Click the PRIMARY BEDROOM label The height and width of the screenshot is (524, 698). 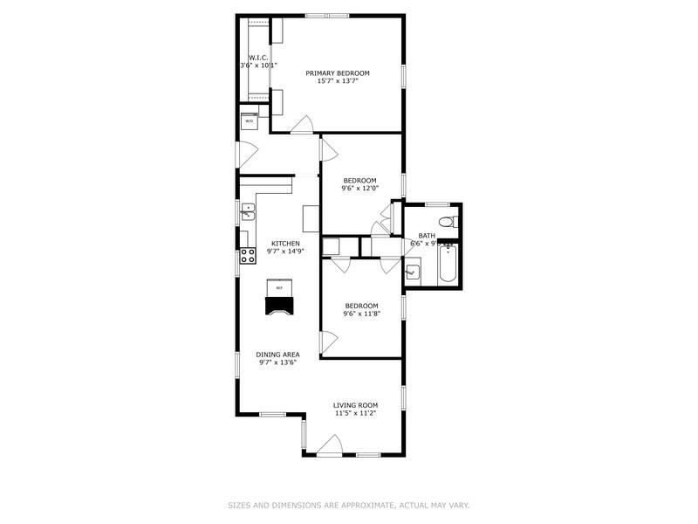coord(337,73)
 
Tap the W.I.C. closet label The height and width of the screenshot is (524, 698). coord(257,58)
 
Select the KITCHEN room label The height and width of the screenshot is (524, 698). coord(285,244)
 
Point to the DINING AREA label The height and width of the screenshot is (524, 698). coord(277,355)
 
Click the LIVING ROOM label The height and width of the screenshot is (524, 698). coord(355,405)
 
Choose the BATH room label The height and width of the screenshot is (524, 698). coord(427,235)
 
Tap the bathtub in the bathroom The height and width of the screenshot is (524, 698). coord(447,265)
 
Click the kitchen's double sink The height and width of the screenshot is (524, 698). coord(247,210)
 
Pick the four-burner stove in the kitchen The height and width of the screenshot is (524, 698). coord(248,256)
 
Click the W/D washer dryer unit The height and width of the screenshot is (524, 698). coord(250,121)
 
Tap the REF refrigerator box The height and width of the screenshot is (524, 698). coord(279,287)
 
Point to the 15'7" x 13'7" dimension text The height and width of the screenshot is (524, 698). coord(337,81)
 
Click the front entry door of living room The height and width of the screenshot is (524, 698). coord(329,449)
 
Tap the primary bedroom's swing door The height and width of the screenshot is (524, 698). coord(303,125)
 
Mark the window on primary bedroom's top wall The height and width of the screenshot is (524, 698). coord(327,16)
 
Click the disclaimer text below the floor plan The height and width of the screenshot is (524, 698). coord(349,505)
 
